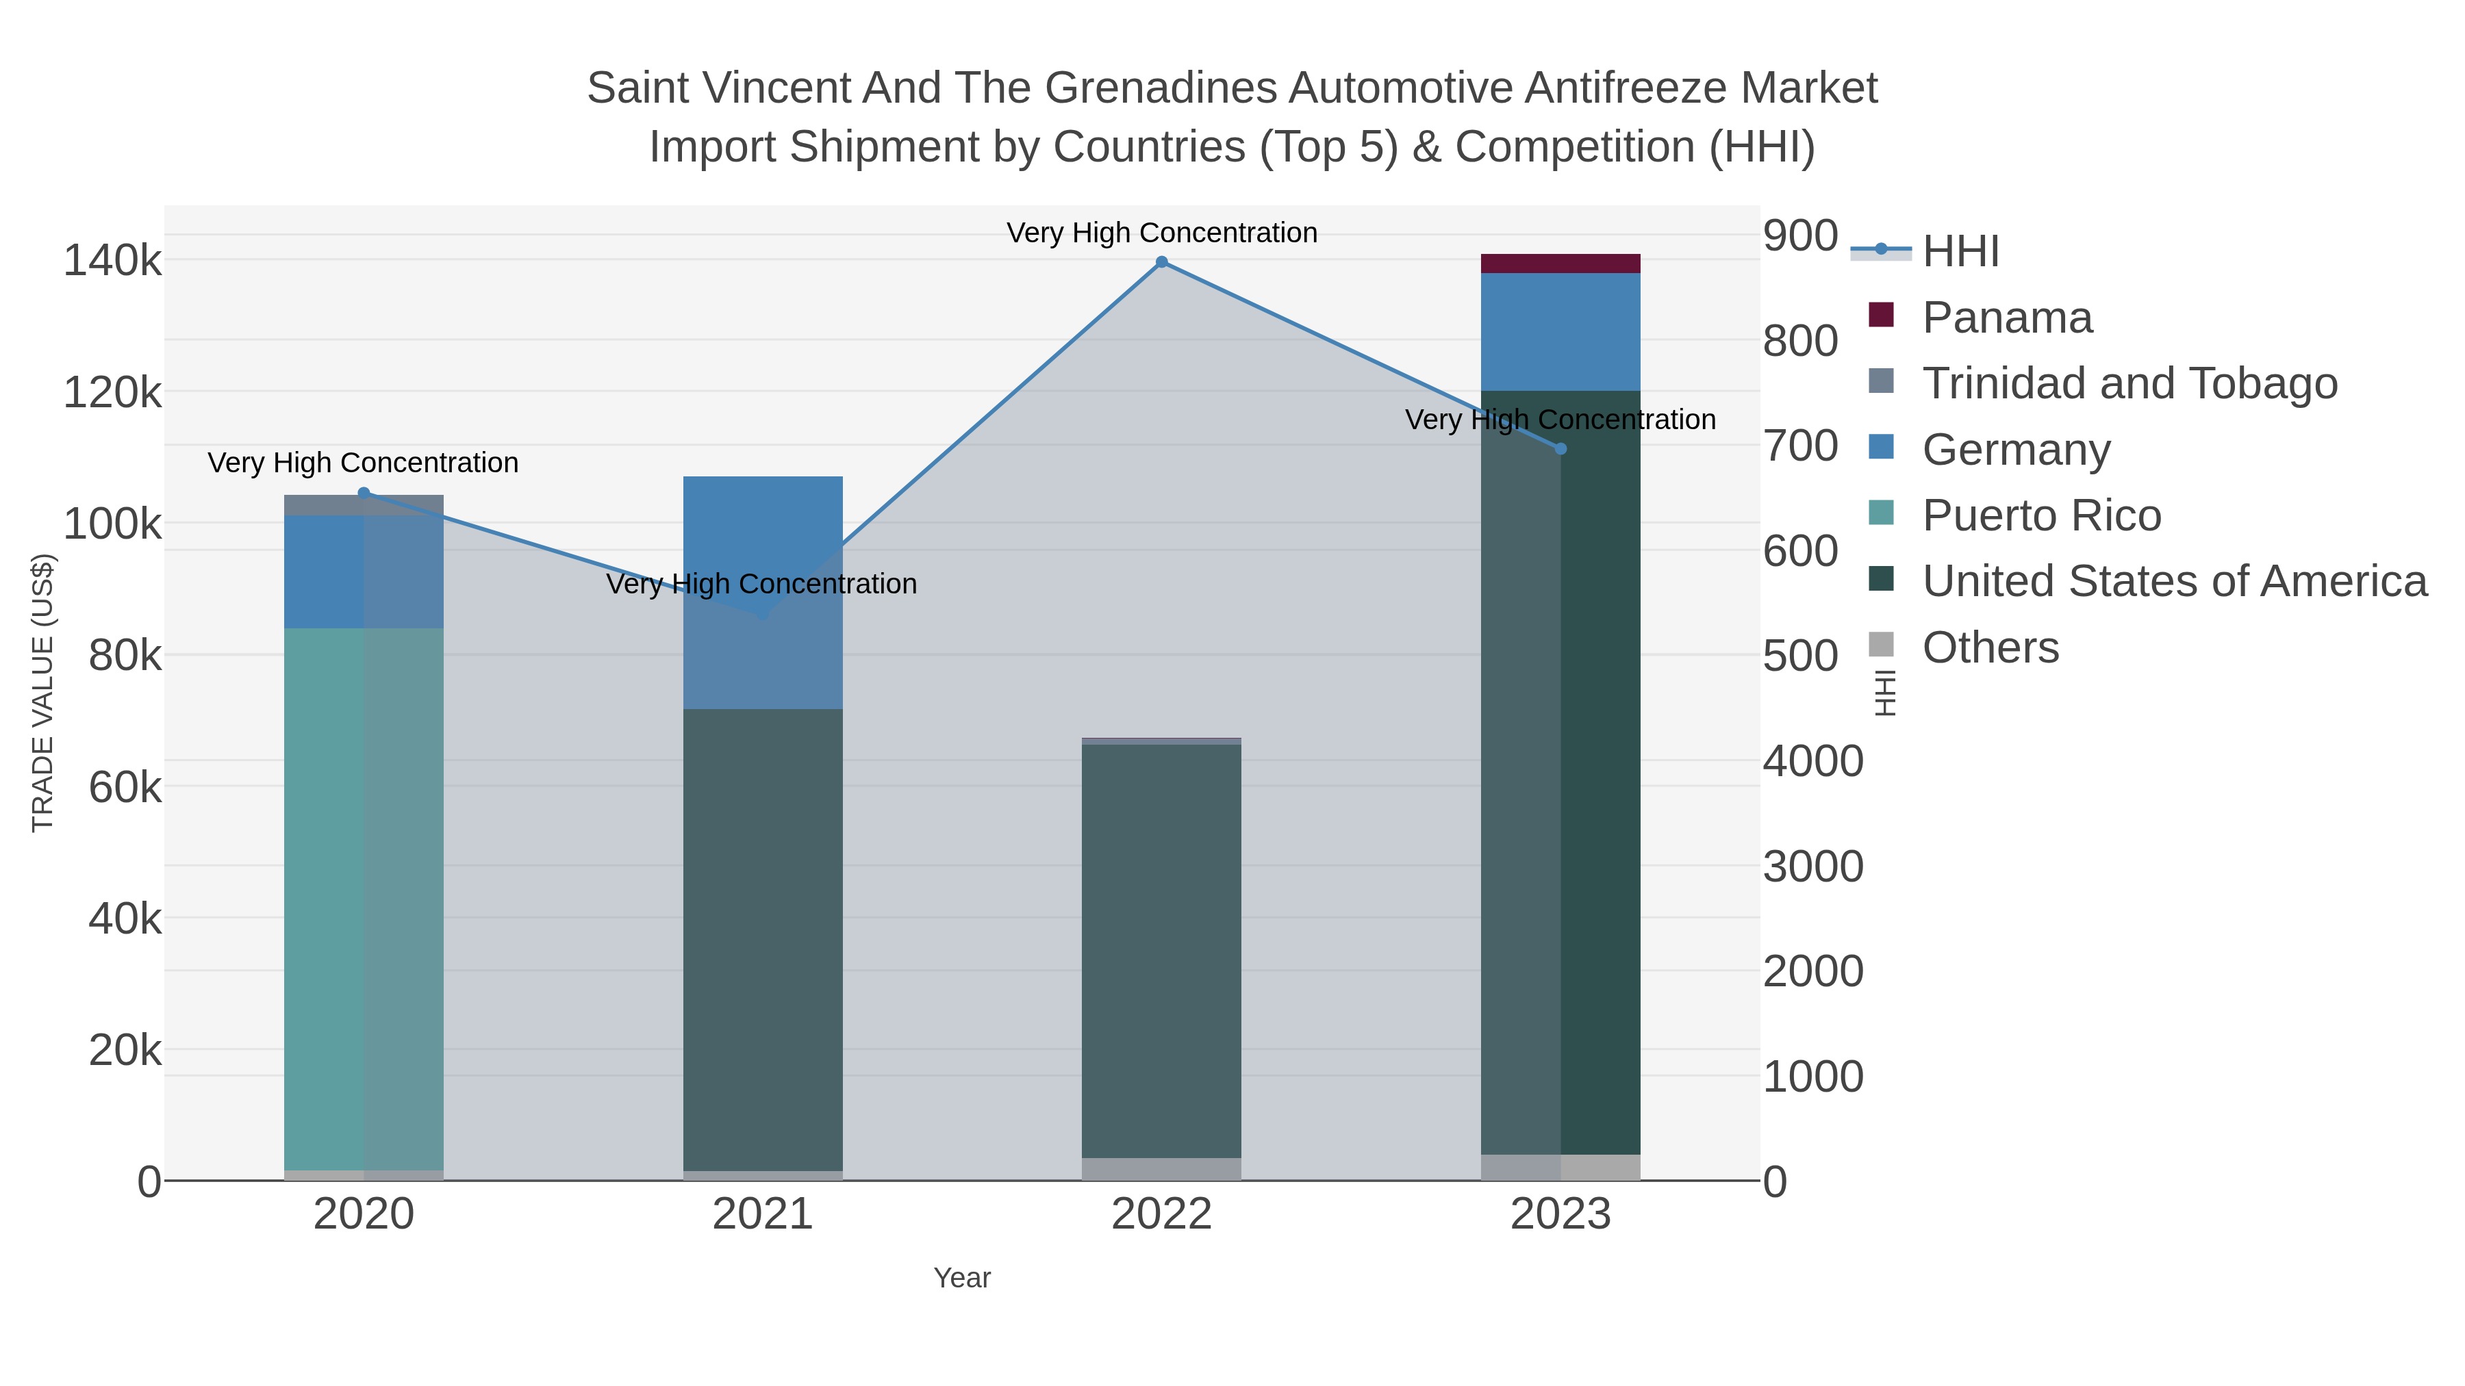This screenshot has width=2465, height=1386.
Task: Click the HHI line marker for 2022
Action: [x=1162, y=262]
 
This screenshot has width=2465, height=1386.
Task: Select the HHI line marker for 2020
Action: [x=364, y=493]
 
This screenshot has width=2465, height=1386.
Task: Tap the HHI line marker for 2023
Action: [x=1560, y=448]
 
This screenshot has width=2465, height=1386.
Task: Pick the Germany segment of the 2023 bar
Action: [x=1560, y=332]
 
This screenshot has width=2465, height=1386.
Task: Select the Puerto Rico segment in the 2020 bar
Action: [x=364, y=899]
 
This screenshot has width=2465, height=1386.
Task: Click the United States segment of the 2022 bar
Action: [x=1162, y=952]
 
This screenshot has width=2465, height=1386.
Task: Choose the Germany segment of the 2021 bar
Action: [x=763, y=593]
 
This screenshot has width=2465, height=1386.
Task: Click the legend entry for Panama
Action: [x=2007, y=318]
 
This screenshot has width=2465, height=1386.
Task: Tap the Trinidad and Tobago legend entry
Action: [x=2129, y=383]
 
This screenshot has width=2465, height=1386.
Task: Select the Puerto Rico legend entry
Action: [x=2041, y=515]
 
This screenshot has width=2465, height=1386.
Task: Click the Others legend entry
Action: [x=1990, y=647]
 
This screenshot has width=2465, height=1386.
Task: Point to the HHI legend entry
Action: [x=1960, y=252]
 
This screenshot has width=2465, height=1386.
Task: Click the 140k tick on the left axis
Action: [x=112, y=260]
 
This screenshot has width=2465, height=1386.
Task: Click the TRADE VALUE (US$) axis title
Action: [x=43, y=693]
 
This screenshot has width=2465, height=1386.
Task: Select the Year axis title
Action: [x=962, y=1278]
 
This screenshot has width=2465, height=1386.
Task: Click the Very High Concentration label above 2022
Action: [x=1162, y=233]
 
